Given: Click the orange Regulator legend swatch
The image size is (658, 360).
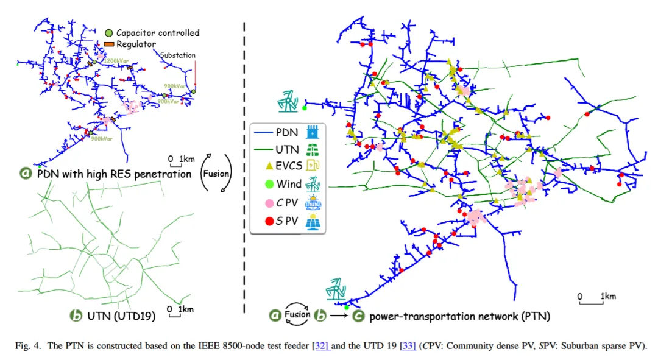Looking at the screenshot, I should click(109, 44).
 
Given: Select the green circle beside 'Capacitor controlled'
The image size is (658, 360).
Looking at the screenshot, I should click(108, 33).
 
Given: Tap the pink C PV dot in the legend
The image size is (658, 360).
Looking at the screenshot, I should click(262, 202).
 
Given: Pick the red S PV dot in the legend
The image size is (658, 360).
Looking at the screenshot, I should click(262, 221).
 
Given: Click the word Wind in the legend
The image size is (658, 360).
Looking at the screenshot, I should click(289, 183).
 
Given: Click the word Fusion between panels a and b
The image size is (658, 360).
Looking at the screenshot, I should click(216, 173).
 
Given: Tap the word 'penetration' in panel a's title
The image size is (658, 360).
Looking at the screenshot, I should click(162, 174).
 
